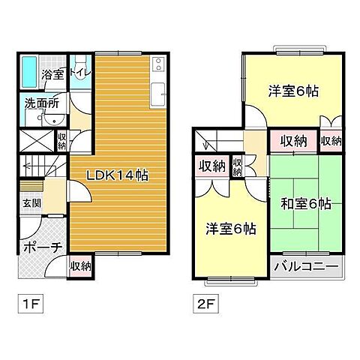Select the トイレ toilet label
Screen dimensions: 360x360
pos(80,73)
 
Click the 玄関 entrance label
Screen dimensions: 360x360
pos(31,202)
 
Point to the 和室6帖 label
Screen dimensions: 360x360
pos(306,204)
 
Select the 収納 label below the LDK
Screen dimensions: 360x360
pos(80,265)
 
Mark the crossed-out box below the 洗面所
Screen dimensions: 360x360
pos(33,140)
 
